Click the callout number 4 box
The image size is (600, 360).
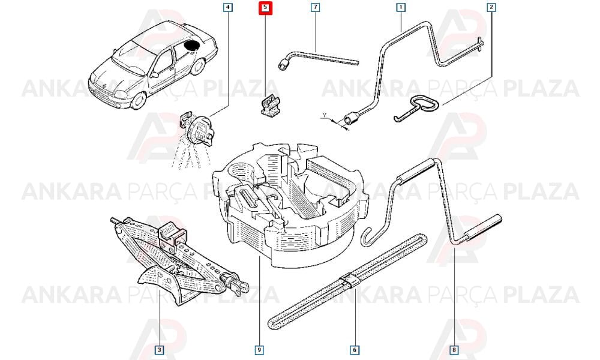(x=227, y=7)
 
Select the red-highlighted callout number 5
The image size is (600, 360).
(x=265, y=8)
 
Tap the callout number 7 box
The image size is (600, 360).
(x=315, y=7)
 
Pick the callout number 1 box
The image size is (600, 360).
(x=401, y=7)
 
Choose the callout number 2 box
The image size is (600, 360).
(x=491, y=7)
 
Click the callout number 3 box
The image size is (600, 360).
(x=159, y=350)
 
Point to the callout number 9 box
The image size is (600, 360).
(x=259, y=350)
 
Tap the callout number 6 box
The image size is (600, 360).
(x=355, y=350)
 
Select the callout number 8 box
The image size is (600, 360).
(x=454, y=350)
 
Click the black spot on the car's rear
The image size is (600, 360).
(x=191, y=46)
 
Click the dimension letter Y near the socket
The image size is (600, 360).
(x=325, y=115)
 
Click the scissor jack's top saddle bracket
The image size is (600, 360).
(x=172, y=234)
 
